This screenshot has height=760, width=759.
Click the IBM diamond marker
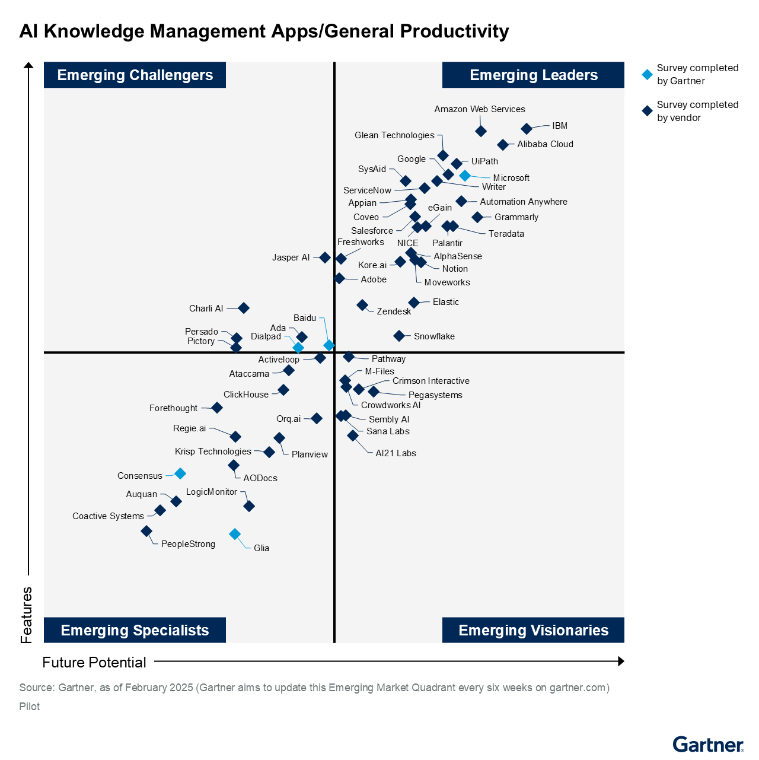coord(527,129)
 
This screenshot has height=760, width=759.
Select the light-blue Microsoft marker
coord(465,176)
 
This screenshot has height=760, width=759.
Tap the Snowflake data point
coord(399,336)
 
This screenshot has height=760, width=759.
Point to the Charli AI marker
coord(244,308)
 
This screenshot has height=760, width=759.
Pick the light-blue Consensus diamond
coord(180,473)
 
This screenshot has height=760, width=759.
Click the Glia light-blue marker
coord(235,534)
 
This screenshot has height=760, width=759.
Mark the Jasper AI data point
coord(325,257)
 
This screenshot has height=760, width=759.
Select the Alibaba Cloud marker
coord(503,145)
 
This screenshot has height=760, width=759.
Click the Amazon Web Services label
coord(479,109)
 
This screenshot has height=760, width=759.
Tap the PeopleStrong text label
coord(188,544)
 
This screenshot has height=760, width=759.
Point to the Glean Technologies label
coord(394,135)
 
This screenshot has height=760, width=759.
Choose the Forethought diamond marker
coord(217,408)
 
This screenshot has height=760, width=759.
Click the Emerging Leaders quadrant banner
coord(533,75)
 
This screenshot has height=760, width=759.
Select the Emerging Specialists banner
coord(135,630)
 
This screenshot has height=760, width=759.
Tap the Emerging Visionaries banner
coord(533,630)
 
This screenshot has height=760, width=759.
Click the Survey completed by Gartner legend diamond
coord(648,75)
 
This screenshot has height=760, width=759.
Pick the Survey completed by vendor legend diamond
coord(648,111)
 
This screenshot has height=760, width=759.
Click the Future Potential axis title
coord(94,662)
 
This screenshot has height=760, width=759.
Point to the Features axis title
coord(27,615)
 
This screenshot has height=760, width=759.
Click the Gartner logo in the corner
coord(707,744)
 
